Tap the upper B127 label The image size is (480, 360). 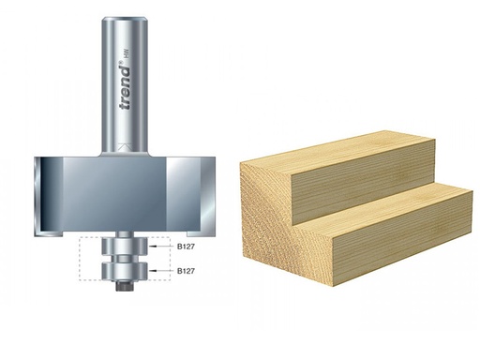189,249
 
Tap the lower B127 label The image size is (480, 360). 189,272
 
